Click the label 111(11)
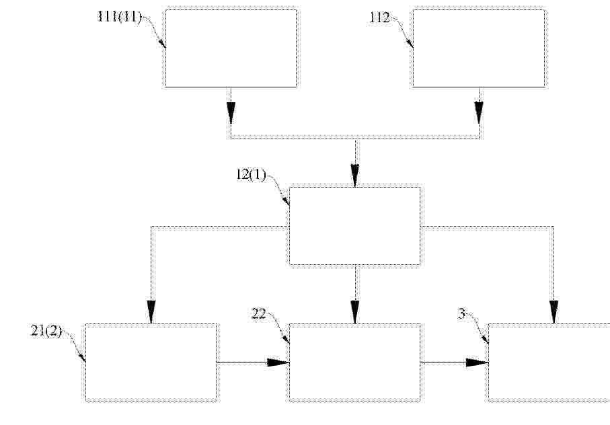coord(119,17)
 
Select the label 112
coord(379,17)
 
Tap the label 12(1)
coord(252,175)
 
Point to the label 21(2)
coord(46,331)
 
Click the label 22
coord(259,313)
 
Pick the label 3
coord(461,314)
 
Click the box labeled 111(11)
coord(231,48)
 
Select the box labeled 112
coord(478,48)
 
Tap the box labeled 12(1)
coord(355,226)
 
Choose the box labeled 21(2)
coord(151,362)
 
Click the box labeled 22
coord(355,362)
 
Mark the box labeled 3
coord(549,362)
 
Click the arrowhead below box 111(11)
coord(231,113)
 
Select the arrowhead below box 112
coord(479,113)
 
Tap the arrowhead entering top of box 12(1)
coord(355,176)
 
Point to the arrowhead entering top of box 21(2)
coord(151,312)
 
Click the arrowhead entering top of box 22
coord(355,312)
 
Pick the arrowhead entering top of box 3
coord(554,312)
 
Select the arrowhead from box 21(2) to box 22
coord(278,362)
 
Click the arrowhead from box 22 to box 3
coord(478,362)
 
